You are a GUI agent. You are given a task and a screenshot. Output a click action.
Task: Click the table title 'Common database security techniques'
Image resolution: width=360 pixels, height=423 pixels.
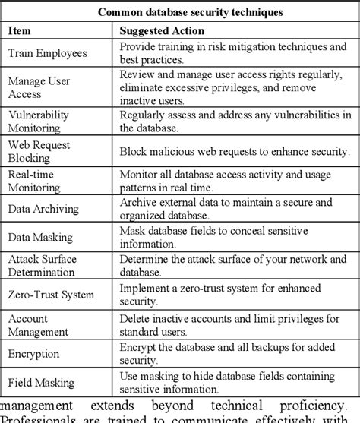(x=180, y=12)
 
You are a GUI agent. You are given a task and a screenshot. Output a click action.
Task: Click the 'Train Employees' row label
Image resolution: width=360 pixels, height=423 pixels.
(x=47, y=53)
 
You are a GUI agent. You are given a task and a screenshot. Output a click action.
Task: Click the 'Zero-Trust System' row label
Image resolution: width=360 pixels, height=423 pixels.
(x=51, y=294)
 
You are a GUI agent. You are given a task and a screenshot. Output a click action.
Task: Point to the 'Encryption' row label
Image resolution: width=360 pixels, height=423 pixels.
(x=33, y=353)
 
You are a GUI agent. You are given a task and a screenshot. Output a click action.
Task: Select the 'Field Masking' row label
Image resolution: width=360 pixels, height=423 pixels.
(x=42, y=383)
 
